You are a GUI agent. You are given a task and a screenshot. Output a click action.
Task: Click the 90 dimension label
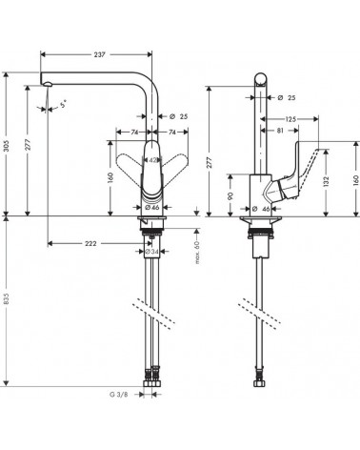click(229, 195)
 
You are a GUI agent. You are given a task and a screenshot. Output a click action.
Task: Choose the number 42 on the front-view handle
click(152, 159)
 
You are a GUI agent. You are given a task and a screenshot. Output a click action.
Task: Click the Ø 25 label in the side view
click(286, 96)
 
